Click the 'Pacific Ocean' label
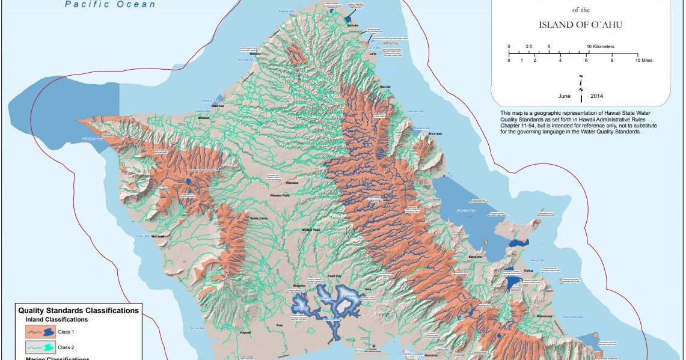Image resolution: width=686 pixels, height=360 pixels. point(110,5)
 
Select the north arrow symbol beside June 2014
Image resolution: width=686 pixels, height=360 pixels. point(581,88)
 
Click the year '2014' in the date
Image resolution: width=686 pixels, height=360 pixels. point(596,96)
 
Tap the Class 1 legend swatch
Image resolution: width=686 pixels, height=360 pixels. point(40,331)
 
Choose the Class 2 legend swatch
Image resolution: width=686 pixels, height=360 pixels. point(40,347)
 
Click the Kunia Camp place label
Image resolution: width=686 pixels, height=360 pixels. point(259,219)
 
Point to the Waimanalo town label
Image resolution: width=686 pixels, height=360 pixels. point(544,315)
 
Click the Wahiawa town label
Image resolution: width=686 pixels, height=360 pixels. point(292,182)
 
